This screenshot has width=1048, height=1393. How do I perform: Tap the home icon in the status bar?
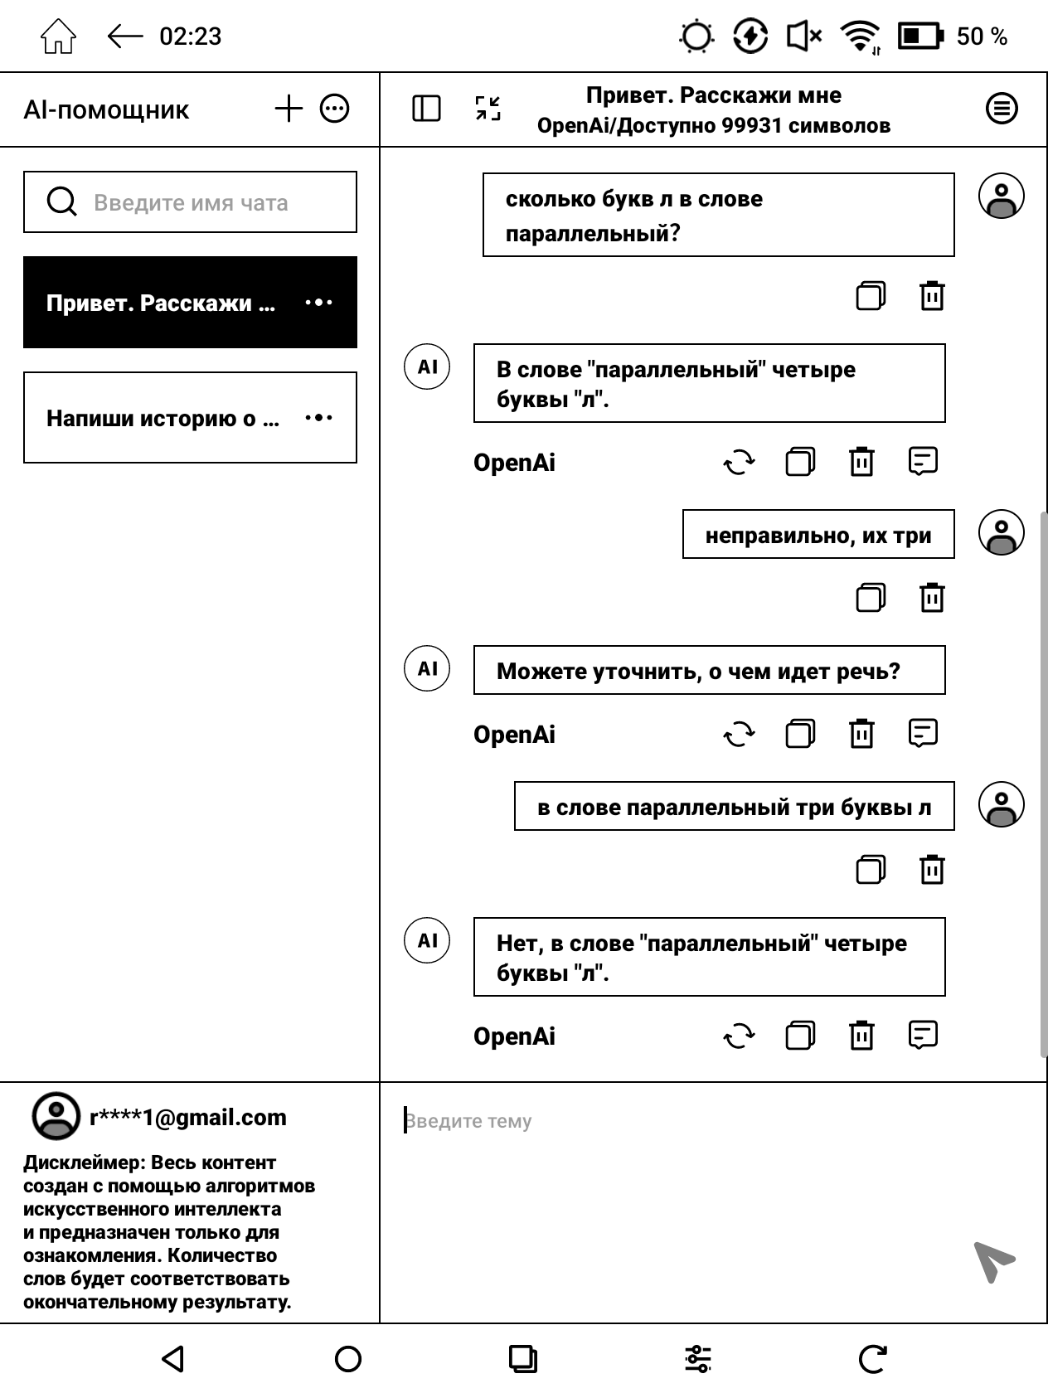pos(58,36)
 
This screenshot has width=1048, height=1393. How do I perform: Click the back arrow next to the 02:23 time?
pos(125,36)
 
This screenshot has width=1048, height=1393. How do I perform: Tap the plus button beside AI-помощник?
pos(289,109)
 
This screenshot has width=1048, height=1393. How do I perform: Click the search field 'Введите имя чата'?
pos(190,202)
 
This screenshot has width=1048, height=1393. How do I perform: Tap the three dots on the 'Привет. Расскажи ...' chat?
pos(319,303)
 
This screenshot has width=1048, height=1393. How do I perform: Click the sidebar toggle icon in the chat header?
pos(426,109)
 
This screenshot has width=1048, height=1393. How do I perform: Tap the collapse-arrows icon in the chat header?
pos(488,109)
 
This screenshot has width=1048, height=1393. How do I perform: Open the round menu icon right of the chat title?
pos(1002,109)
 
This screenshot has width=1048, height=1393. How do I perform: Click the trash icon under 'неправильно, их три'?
pos(932,597)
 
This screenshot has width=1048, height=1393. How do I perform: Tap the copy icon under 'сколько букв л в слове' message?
pos(870,295)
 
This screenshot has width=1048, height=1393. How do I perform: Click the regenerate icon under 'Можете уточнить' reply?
pos(739,734)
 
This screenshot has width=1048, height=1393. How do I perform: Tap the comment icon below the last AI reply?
pos(923,1036)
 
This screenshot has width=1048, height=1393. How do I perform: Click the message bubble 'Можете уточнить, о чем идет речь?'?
pos(709,671)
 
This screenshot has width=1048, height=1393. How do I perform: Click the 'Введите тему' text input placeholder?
pos(468,1121)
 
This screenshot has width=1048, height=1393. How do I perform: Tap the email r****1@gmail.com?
pos(187,1118)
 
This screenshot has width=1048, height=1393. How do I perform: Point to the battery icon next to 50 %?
pos(920,36)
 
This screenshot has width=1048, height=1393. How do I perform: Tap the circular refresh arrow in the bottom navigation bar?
pos(872,1359)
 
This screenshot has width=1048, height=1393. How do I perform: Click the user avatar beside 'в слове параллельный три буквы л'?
pos(1002,805)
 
